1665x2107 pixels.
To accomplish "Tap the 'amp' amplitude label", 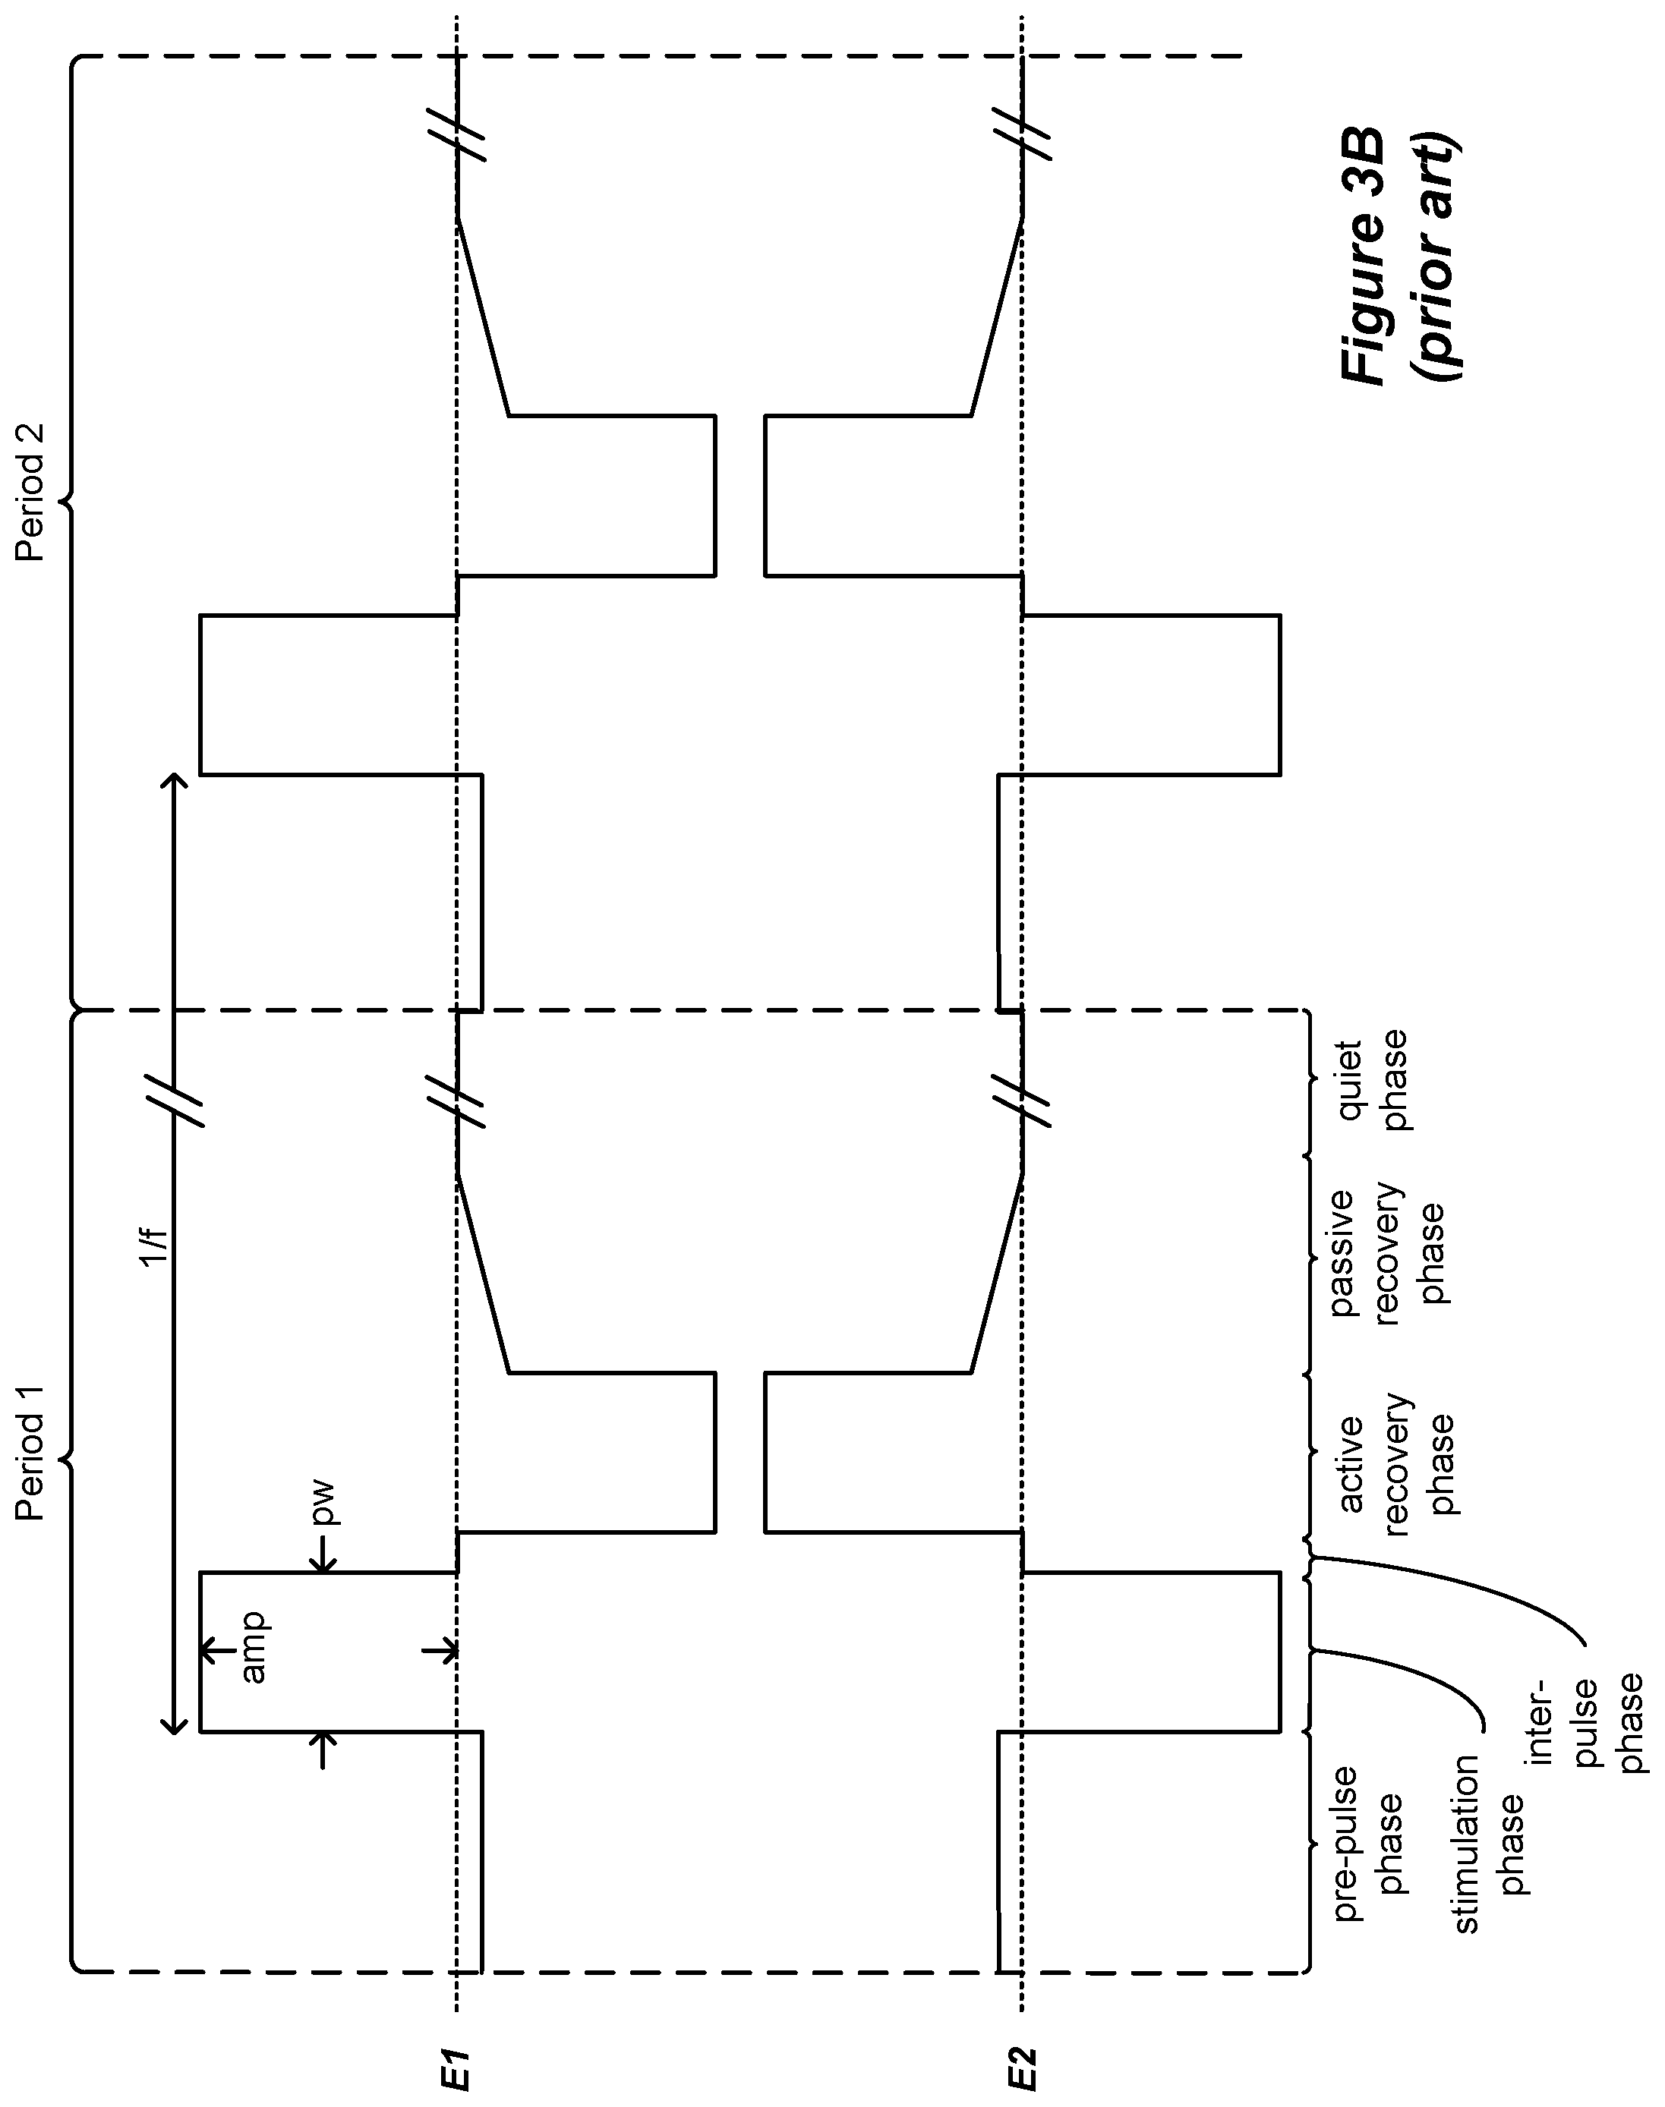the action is pos(253,1648).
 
